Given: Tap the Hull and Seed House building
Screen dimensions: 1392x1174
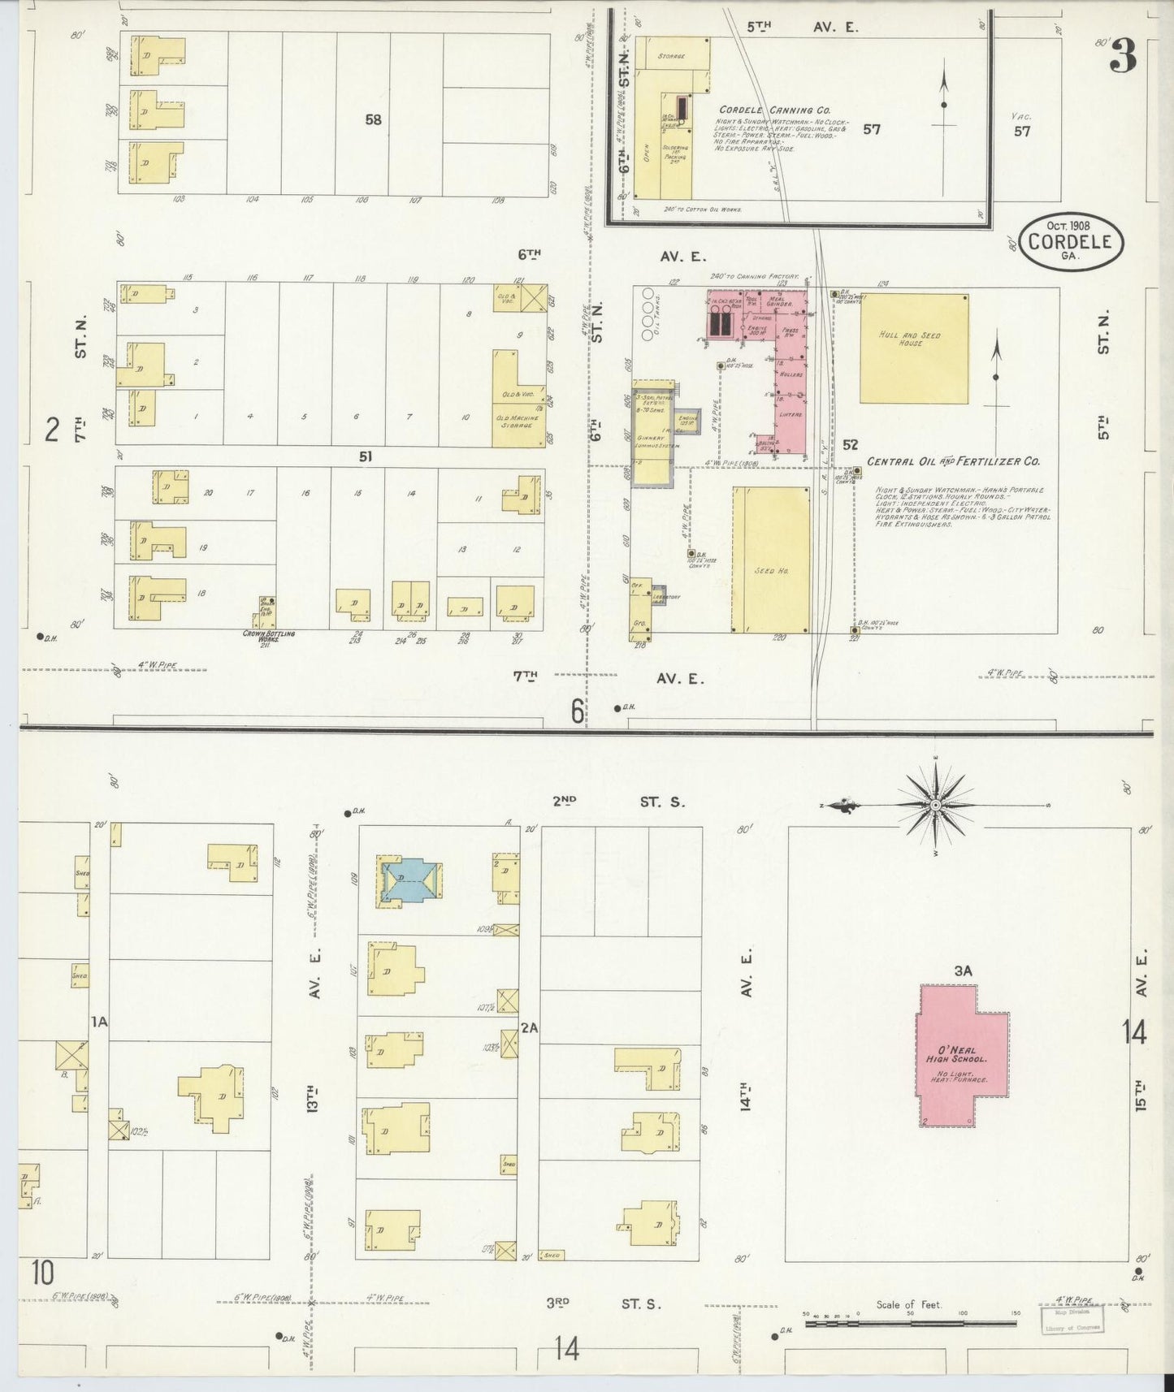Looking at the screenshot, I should [914, 348].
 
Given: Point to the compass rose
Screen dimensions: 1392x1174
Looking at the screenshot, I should [934, 804].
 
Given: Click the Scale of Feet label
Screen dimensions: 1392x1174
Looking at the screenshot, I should [908, 1304].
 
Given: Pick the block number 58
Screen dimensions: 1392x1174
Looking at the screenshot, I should [373, 119].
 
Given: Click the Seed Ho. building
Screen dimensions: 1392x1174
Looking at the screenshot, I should [771, 560].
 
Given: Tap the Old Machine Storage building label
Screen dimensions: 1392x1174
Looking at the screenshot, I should [519, 422].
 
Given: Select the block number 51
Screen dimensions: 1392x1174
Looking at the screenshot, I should [366, 457].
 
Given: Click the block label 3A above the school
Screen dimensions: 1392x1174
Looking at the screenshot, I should [964, 970].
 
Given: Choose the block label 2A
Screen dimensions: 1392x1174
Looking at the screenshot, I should [529, 1028].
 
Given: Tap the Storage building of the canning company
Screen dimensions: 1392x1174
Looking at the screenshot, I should [672, 56].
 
